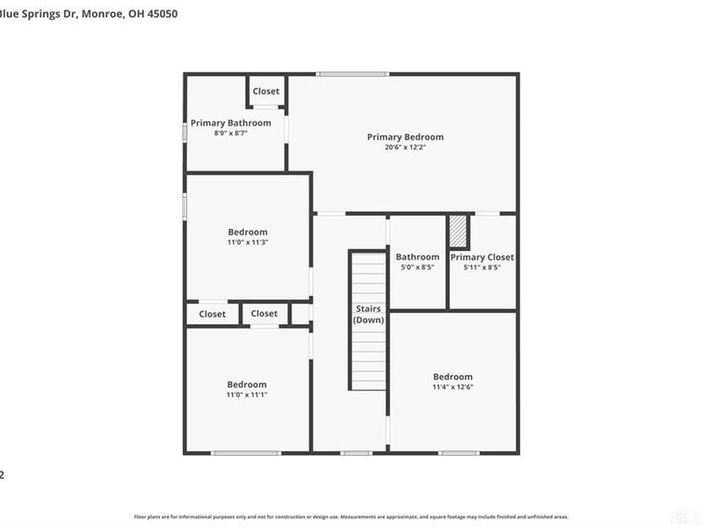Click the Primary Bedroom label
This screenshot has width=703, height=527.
405,137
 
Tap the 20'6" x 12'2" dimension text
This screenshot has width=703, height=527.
405,148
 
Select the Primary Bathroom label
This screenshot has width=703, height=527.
231,123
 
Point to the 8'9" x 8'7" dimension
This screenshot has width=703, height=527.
231,134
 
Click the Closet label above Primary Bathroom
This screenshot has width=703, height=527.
266,91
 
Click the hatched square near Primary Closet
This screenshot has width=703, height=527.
457,232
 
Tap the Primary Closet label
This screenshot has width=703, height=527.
482,257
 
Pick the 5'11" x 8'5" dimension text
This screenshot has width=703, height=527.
482,268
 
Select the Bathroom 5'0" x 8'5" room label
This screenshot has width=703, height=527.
417,257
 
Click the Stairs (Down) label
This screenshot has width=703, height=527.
368,314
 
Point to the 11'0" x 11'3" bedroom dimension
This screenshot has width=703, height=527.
247,242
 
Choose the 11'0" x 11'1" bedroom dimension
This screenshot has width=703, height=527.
247,395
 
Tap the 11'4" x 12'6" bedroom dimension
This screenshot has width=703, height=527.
453,387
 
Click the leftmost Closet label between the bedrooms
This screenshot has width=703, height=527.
212,314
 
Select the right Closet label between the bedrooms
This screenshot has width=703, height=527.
264,314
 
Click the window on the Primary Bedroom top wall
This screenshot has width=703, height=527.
352,74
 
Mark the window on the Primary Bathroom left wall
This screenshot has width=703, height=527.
185,130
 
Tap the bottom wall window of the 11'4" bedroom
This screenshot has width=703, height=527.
459,453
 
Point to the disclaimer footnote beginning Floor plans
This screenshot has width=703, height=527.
351,517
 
